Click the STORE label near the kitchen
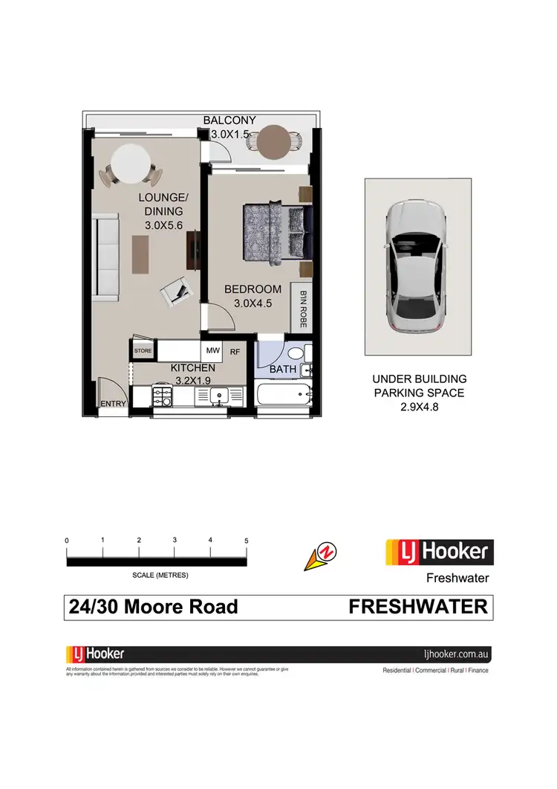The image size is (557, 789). point(143,349)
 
